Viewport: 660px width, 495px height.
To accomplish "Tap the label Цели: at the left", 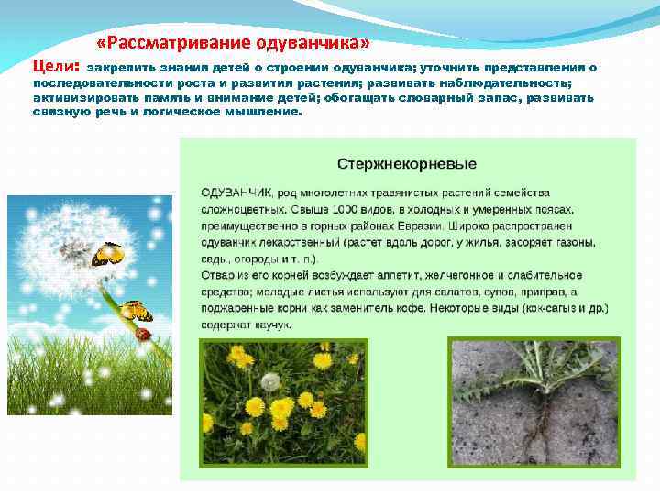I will [57, 67].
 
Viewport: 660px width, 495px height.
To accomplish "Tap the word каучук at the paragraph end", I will [272, 324].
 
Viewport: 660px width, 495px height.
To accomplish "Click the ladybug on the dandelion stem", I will [142, 335].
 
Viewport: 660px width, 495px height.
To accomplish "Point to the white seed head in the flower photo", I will [269, 381].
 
